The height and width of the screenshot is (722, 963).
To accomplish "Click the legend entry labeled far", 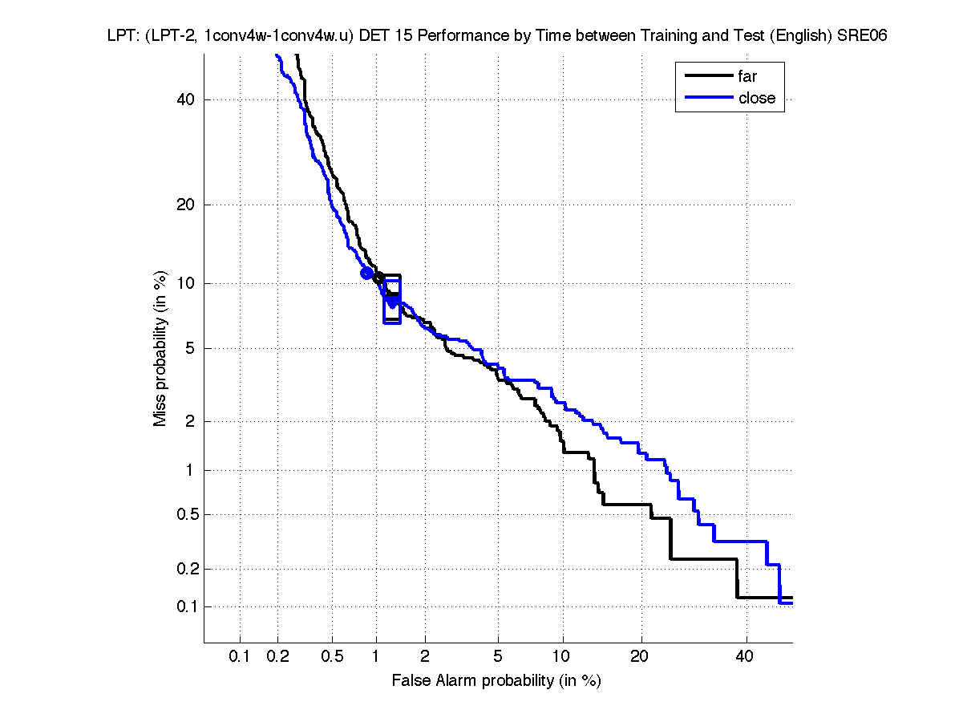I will coord(747,76).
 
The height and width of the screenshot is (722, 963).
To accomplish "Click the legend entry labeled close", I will coord(756,98).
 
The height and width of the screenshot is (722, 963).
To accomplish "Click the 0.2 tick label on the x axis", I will coord(277,656).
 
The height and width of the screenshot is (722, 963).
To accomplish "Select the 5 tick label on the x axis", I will coord(498,656).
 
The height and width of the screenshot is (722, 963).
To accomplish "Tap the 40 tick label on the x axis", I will coord(746,656).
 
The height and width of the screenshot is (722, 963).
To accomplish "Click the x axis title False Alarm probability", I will coord(496,681).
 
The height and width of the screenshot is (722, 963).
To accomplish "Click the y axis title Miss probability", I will coord(160,347).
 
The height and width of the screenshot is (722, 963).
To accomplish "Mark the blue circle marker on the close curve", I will coord(366,274).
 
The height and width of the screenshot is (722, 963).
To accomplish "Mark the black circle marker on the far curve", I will coord(378,278).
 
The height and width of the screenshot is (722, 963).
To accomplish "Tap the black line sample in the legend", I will coord(707,76).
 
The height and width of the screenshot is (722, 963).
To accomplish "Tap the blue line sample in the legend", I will coord(707,98).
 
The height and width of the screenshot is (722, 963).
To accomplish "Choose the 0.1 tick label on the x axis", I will coord(240,656).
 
